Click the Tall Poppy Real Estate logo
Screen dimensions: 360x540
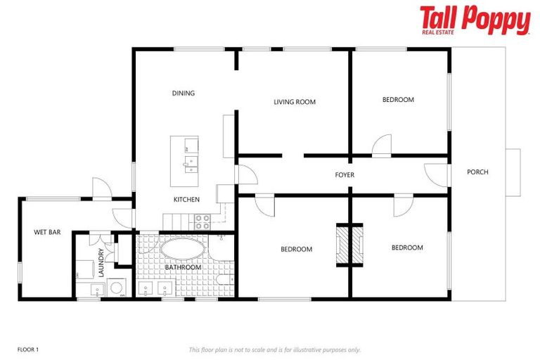pos(475,20)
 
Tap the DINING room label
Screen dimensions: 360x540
pos(183,93)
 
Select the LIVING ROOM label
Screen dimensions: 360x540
pos(295,102)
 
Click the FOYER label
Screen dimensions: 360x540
pos(345,174)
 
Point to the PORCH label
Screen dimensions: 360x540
pos(477,172)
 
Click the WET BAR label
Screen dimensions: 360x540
pos(46,231)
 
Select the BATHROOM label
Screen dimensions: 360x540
pos(183,267)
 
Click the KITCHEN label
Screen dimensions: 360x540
pos(186,200)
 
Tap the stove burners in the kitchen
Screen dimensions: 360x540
pos(202,222)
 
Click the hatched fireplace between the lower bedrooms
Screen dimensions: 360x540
pos(349,245)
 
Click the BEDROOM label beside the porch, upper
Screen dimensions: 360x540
pos(398,100)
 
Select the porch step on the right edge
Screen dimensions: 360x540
pos(513,172)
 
